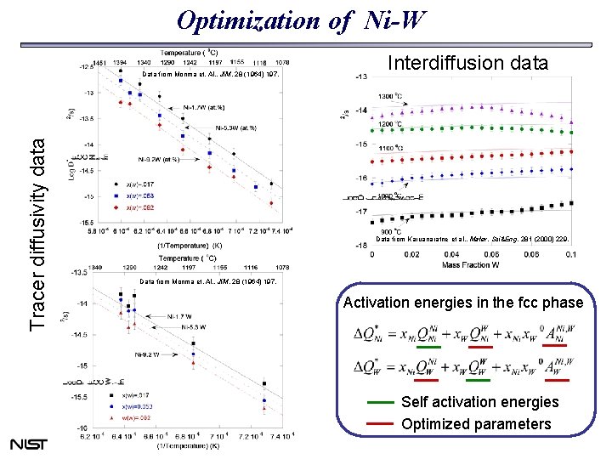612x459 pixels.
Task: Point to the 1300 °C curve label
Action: pyautogui.click(x=390, y=96)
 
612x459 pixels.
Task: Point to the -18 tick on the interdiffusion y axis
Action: pyautogui.click(x=361, y=246)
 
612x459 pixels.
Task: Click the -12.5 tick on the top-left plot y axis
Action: pyautogui.click(x=88, y=65)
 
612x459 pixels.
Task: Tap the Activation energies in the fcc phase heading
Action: pyautogui.click(x=463, y=303)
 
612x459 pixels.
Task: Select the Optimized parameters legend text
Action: pyautogui.click(x=476, y=423)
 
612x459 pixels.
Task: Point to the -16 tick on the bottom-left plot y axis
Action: pyautogui.click(x=83, y=428)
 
